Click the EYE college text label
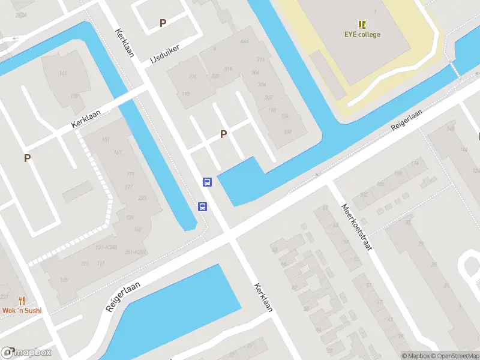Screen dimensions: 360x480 click(362, 34)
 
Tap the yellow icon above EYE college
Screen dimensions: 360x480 click(362, 25)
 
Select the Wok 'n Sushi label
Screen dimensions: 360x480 click(22, 310)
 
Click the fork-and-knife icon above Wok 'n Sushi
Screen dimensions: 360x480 click(22, 301)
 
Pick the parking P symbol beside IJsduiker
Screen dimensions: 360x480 click(163, 23)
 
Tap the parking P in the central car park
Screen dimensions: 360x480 click(224, 134)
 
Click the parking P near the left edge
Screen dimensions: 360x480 click(27, 158)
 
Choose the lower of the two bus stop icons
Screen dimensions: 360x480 click(203, 207)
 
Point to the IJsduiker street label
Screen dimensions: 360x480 click(165, 52)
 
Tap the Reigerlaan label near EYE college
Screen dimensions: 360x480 click(407, 119)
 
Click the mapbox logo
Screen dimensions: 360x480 click(26, 353)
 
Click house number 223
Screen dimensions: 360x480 click(142, 199)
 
